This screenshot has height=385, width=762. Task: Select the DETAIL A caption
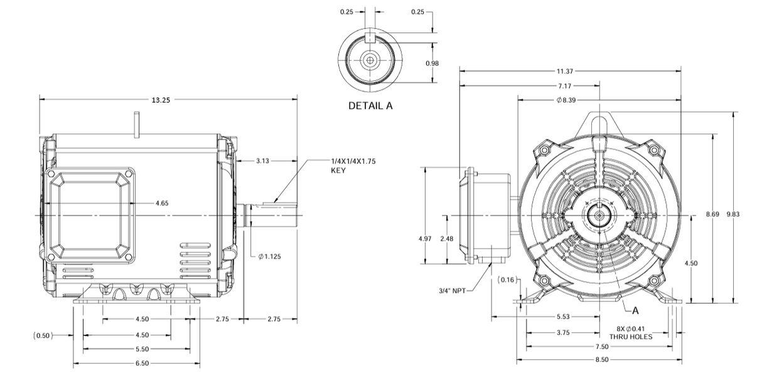[370, 106]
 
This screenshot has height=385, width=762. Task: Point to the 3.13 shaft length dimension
[263, 161]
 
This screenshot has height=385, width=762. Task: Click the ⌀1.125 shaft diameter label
[271, 256]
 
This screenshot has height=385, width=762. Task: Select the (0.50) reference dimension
[43, 335]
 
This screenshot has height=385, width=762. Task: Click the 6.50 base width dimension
[142, 364]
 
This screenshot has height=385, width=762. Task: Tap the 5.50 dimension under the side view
[142, 349]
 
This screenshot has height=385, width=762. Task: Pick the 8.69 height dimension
[712, 214]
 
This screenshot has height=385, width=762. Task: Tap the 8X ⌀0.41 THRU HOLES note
[635, 332]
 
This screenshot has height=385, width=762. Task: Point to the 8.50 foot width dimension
[601, 361]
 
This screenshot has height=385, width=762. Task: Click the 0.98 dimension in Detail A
[432, 63]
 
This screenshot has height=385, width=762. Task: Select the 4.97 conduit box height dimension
[425, 239]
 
